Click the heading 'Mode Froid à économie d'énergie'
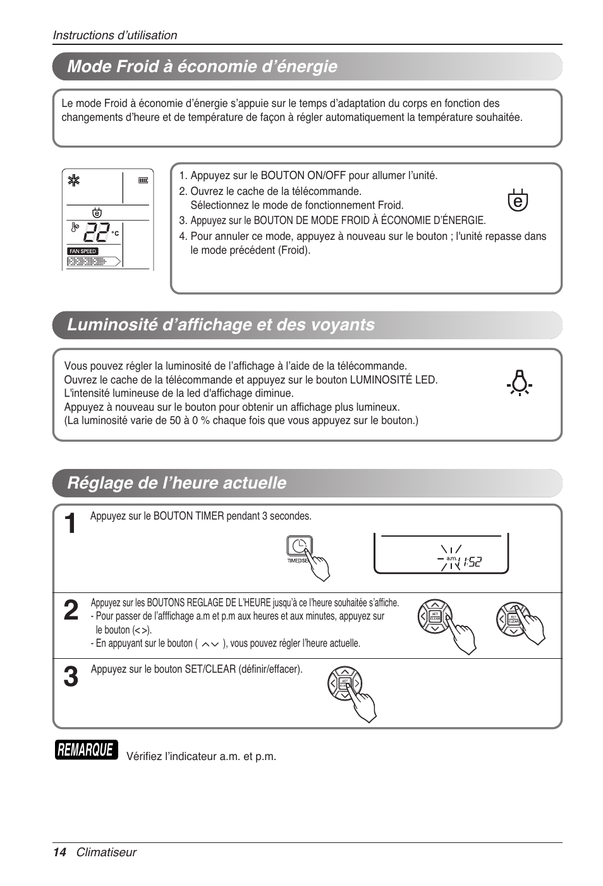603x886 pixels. [x=202, y=66]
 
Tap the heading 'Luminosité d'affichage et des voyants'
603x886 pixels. [x=221, y=325]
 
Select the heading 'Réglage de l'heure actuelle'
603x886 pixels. [x=176, y=483]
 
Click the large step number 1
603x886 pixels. [x=71, y=524]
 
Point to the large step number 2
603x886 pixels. [x=71, y=611]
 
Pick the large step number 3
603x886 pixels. [x=71, y=677]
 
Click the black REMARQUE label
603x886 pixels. [x=86, y=750]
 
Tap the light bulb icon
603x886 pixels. [x=519, y=382]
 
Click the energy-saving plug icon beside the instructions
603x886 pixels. [x=518, y=200]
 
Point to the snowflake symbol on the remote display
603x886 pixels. [x=75, y=181]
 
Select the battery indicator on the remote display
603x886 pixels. [x=143, y=180]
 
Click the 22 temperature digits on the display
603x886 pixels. [x=96, y=233]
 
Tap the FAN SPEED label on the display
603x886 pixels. [x=83, y=251]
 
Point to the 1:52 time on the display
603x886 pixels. [x=472, y=561]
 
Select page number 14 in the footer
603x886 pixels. [x=59, y=852]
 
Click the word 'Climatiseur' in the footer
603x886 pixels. [x=106, y=852]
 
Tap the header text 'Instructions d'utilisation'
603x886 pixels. [x=115, y=35]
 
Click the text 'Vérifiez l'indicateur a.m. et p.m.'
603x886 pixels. [x=201, y=756]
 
